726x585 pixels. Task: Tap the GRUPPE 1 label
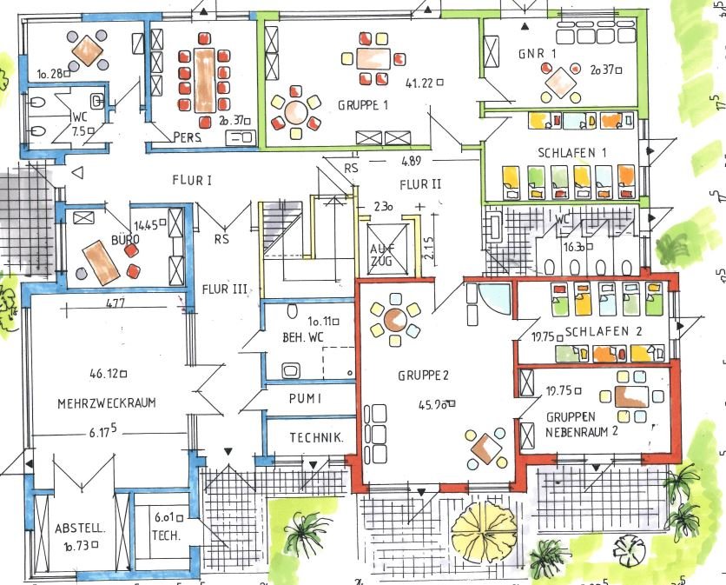[363, 105]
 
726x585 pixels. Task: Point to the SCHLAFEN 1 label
[571, 152]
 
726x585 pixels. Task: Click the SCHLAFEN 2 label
[602, 332]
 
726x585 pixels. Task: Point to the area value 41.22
[419, 83]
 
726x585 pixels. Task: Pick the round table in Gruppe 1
[295, 111]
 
